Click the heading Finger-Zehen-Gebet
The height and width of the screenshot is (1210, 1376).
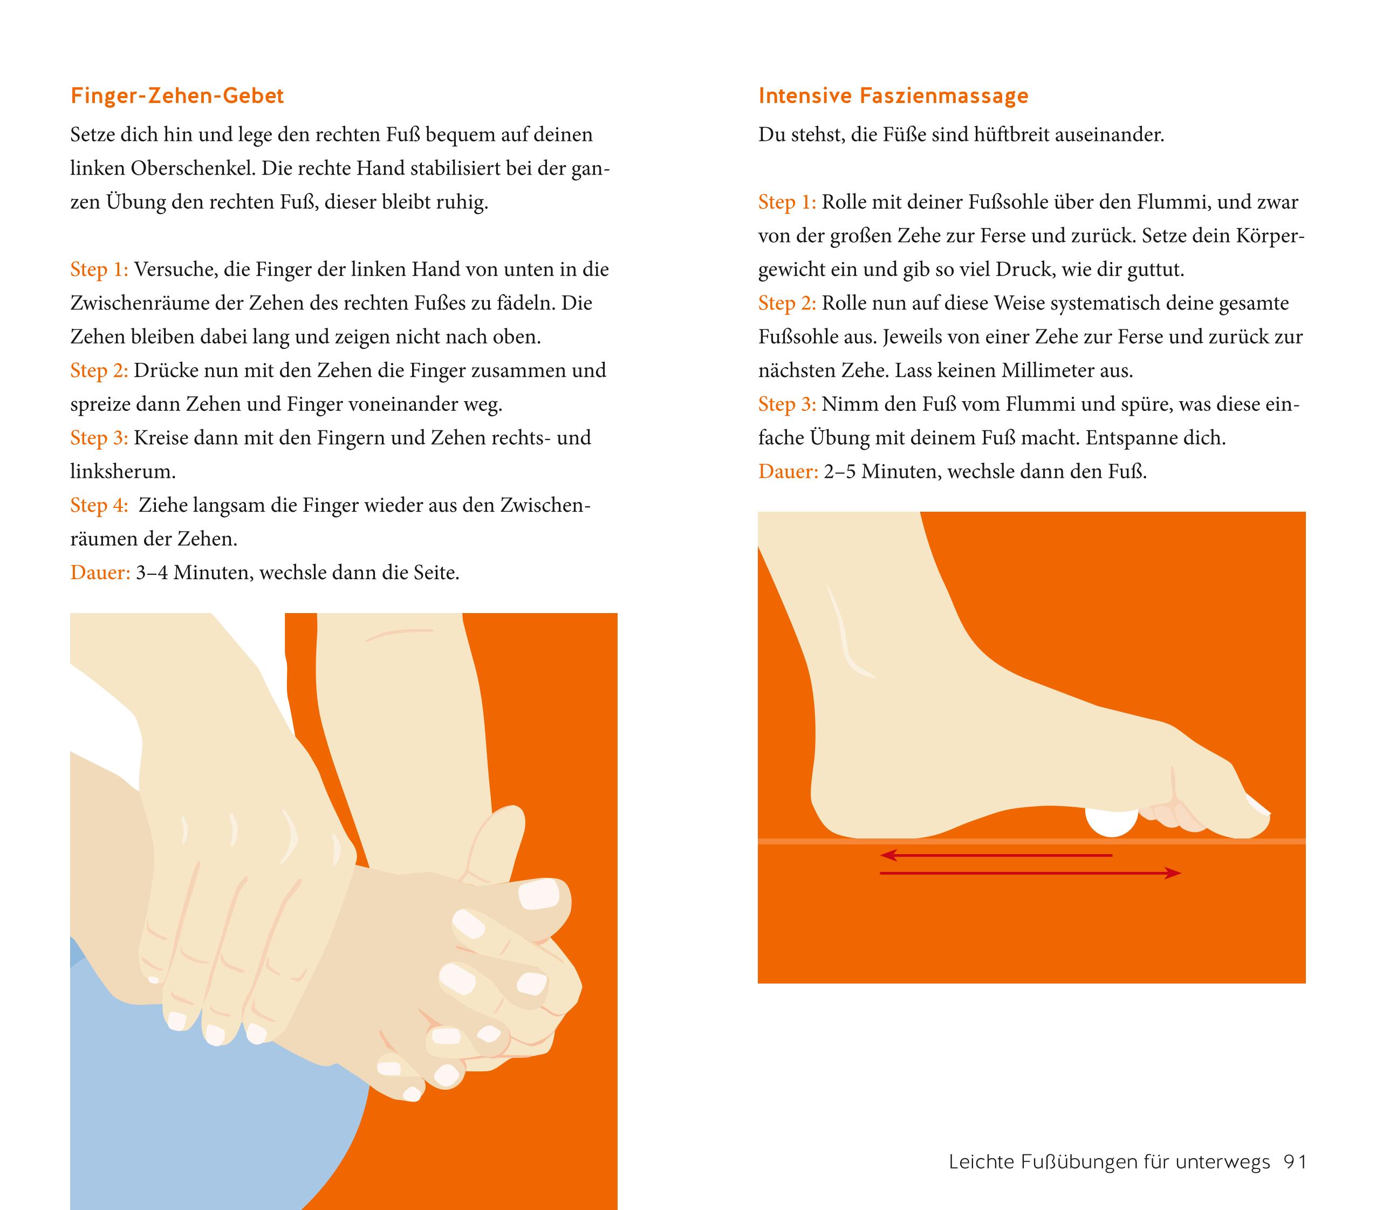pos(177,96)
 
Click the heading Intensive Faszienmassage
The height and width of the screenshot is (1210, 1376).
pos(893,96)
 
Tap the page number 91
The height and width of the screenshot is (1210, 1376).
pos(1295,1162)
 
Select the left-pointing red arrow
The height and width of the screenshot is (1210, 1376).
pos(996,855)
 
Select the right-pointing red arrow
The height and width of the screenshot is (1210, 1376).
pos(1031,874)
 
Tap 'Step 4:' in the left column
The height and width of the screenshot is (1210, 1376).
pos(99,505)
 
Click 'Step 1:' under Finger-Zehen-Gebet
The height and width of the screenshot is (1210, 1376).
pos(99,270)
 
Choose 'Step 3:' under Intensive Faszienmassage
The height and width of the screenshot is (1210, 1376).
pos(787,404)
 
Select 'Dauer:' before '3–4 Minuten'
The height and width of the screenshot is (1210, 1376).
pos(100,573)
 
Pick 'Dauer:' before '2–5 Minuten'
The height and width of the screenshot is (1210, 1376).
pos(788,472)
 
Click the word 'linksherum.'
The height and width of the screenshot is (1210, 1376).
pos(123,472)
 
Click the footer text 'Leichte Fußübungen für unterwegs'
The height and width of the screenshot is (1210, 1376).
pos(1110,1162)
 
